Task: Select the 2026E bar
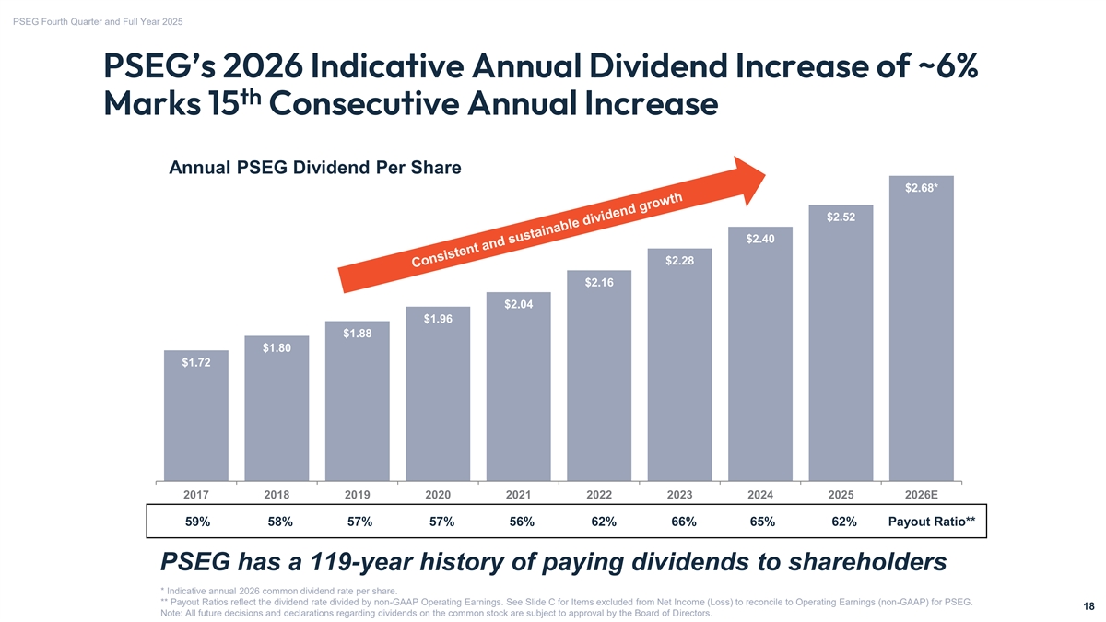[921, 332]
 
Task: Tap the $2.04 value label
[518, 305]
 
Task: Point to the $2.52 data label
[840, 217]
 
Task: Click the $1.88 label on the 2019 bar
[357, 334]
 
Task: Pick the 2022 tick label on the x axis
[599, 495]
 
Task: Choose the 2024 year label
[759, 495]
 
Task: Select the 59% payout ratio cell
[197, 522]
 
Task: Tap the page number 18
[1088, 606]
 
